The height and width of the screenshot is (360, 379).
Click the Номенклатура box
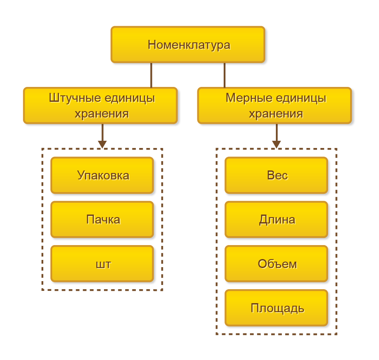coord(188,45)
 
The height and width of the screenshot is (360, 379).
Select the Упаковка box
coord(102,175)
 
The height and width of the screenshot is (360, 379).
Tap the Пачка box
coord(102,219)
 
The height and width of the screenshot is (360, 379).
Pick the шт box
coord(102,264)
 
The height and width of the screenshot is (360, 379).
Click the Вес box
coord(276,175)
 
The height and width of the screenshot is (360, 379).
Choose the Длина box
coord(276,219)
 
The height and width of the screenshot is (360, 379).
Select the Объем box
coord(276,264)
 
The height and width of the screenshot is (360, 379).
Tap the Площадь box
coord(276,308)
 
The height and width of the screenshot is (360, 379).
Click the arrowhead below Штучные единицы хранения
coord(102,144)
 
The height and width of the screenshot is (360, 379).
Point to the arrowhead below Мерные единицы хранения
coord(277,144)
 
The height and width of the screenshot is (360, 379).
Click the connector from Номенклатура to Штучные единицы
coord(151,75)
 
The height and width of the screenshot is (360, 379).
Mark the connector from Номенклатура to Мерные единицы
coord(225,75)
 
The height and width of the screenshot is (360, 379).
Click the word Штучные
coord(70,98)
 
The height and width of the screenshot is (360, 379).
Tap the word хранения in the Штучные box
coord(101,114)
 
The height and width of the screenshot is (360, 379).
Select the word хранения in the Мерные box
coord(275,114)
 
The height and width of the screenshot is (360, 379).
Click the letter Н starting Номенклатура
coord(152,45)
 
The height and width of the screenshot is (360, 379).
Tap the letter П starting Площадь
coord(254,308)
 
